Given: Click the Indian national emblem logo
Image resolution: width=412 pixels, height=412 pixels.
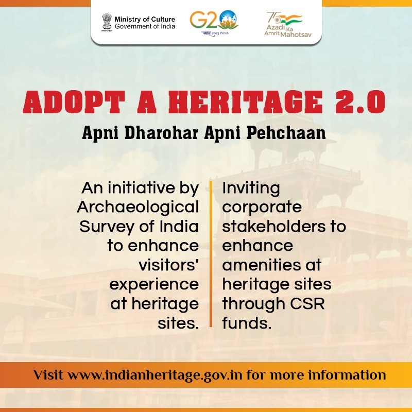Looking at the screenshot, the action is (107, 23).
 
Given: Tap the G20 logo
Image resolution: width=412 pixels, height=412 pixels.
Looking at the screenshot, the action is (214, 23).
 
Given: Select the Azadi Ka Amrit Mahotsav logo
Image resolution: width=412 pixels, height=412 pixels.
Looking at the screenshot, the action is (288, 24).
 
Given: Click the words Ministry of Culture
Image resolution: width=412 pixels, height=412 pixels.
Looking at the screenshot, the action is (145, 19).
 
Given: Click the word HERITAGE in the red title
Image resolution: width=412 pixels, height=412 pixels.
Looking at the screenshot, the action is (246, 101).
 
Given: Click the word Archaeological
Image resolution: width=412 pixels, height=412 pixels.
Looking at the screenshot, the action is (138, 208).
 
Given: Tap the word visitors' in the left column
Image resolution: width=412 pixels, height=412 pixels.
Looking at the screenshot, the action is (169, 265).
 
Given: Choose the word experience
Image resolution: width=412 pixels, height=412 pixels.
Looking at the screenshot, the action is (154, 285).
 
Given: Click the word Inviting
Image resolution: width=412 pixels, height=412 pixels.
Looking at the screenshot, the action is (251, 188).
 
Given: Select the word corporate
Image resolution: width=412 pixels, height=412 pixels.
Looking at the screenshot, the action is (262, 208).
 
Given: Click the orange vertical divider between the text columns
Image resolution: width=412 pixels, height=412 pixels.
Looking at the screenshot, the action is (211, 253).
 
